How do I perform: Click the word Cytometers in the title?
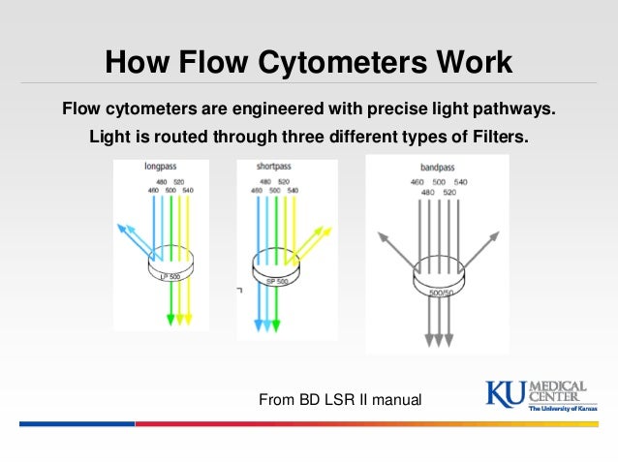(x=333, y=64)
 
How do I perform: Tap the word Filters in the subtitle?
(x=496, y=137)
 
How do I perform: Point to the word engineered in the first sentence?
(x=286, y=105)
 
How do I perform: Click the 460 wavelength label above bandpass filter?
(x=417, y=182)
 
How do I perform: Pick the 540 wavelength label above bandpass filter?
(x=461, y=182)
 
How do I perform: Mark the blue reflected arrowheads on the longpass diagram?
(x=124, y=230)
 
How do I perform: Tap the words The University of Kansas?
(x=562, y=409)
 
